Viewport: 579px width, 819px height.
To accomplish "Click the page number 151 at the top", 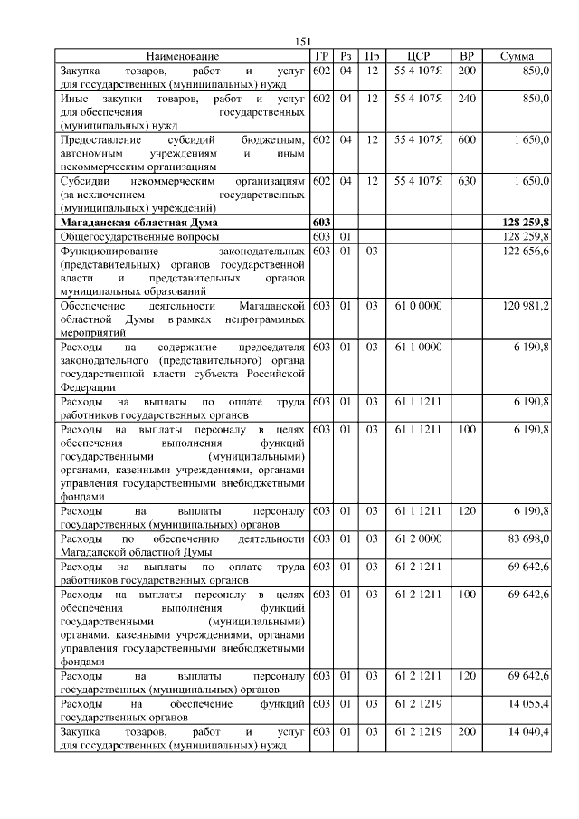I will [x=303, y=42].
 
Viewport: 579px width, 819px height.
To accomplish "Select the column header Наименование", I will [x=182, y=56].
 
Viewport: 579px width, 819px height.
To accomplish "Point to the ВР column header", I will [x=467, y=56].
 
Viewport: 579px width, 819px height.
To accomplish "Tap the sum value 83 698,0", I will [x=528, y=539].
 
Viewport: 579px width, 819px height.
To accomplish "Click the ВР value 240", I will [x=467, y=98].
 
